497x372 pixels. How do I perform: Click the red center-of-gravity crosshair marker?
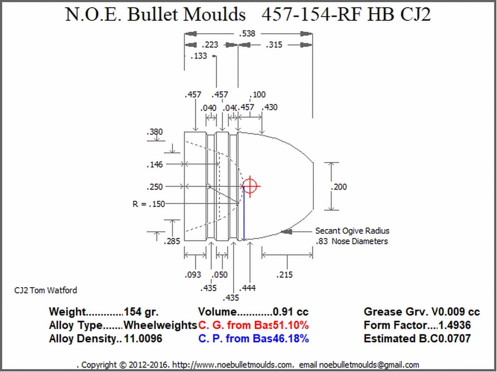pos(250,186)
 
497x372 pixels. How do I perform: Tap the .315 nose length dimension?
pos(274,45)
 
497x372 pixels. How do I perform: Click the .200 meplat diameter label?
pos(339,187)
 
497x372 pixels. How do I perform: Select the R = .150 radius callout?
pos(148,204)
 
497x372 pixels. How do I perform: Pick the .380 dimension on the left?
pos(154,132)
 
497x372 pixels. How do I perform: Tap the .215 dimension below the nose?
pos(284,275)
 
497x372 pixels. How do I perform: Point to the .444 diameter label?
pos(247,288)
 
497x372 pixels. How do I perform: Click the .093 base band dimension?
pos(193,275)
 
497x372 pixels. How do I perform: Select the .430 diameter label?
pos(270,107)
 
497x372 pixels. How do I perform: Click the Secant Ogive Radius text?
pos(352,231)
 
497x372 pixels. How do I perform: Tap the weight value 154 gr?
pos(141,312)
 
